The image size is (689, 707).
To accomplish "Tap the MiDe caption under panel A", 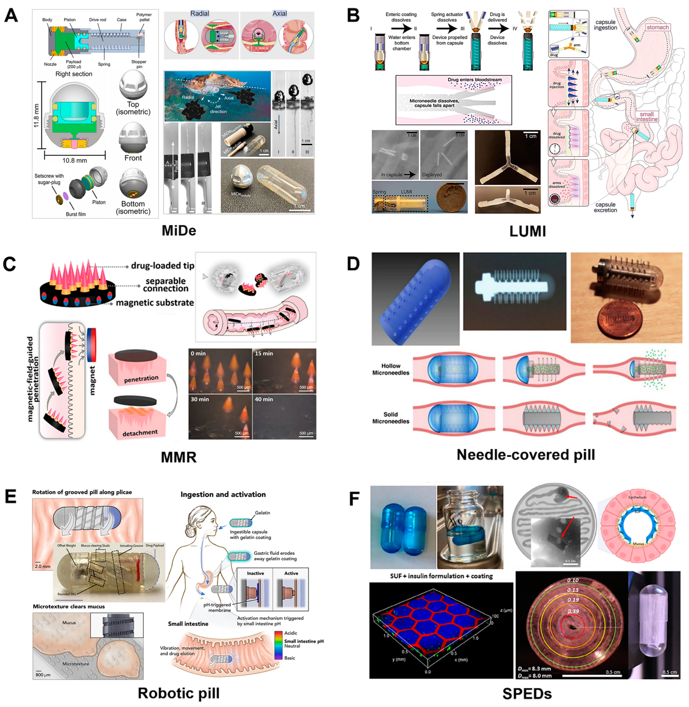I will coord(178,231).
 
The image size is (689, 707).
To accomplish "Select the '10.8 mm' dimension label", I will coord(75,160).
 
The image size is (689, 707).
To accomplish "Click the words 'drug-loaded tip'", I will coord(163,266).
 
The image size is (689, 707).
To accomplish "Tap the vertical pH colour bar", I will coord(278,646).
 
